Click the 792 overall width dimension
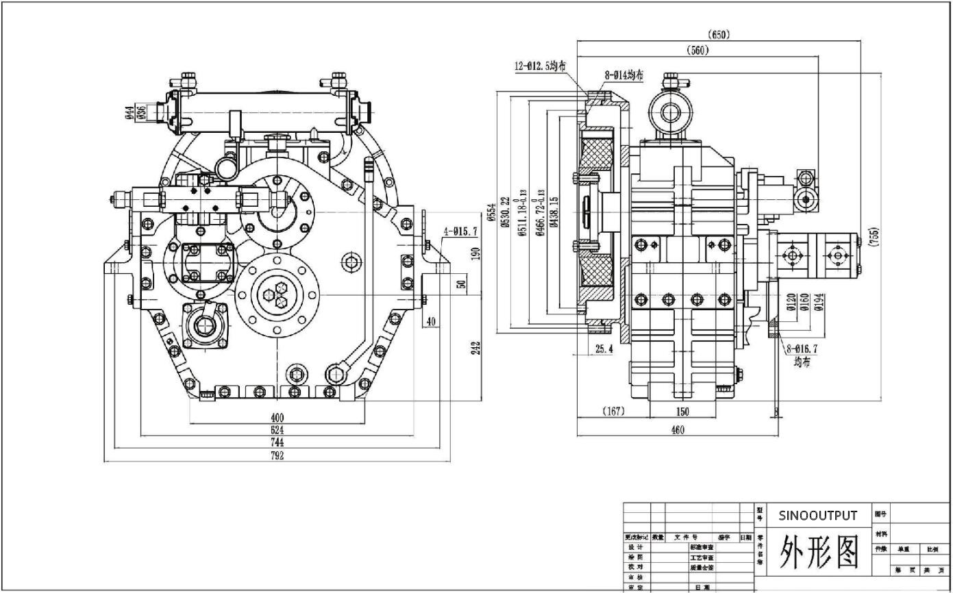coord(277,456)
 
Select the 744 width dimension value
coord(277,443)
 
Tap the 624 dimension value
coord(277,430)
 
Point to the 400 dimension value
coord(277,417)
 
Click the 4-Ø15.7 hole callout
coord(460,231)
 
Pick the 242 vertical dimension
coord(476,348)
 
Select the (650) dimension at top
coord(719,35)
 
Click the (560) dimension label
coord(698,50)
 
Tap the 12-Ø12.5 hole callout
coord(541,66)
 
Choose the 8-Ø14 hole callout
coord(623,75)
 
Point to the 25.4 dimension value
coord(604,349)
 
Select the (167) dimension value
coord(613,412)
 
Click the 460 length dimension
coord(677,430)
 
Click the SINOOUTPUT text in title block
coord(817,516)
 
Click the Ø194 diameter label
coord(818,302)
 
